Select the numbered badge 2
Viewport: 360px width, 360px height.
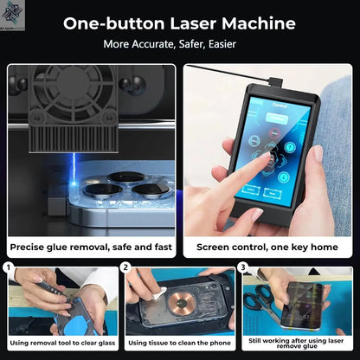pos(127,267)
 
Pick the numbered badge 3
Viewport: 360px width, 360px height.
pos(243,267)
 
